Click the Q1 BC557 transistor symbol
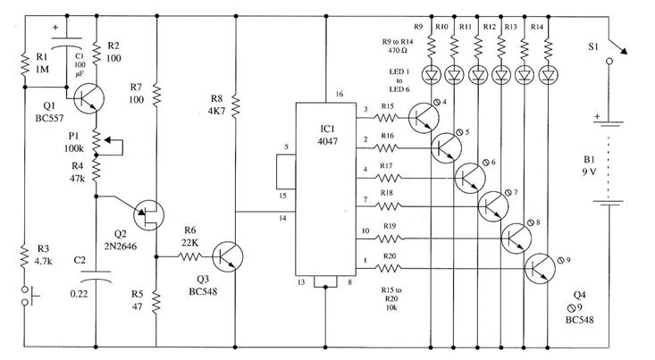88,98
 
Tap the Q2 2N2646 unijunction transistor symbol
148,215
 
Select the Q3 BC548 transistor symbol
227,256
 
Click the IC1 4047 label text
327,135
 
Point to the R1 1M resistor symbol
25,65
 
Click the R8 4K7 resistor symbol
236,106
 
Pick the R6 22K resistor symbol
190,256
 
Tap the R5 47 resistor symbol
156,302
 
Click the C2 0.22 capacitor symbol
96,276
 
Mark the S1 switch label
593,46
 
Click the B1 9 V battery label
589,165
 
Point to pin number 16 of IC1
340,94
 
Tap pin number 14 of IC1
282,218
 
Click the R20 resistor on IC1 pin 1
389,268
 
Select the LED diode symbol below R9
431,75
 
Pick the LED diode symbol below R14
549,75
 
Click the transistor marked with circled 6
470,178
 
